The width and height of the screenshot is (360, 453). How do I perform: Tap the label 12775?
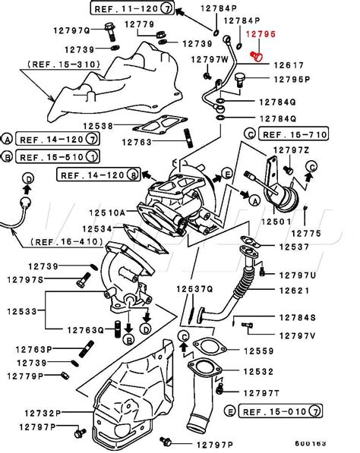tap(307, 233)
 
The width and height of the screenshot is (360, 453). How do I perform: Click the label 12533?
tap(23, 310)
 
